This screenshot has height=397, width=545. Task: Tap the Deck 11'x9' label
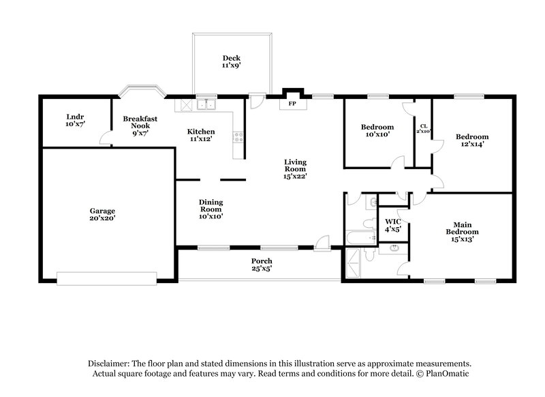(x=231, y=61)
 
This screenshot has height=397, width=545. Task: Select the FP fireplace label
(x=292, y=104)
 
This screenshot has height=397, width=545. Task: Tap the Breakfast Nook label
(x=140, y=126)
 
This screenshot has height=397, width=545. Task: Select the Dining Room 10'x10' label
(x=211, y=209)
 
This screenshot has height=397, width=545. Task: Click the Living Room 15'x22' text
(x=296, y=168)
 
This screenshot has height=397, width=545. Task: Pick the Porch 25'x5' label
(x=262, y=265)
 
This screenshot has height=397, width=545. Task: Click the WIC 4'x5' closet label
(x=392, y=225)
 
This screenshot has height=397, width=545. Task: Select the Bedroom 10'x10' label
(x=377, y=131)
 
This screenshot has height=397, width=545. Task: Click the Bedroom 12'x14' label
(x=472, y=141)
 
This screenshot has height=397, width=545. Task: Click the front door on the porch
(x=322, y=244)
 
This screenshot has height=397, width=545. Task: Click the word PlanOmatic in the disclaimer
(x=448, y=374)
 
